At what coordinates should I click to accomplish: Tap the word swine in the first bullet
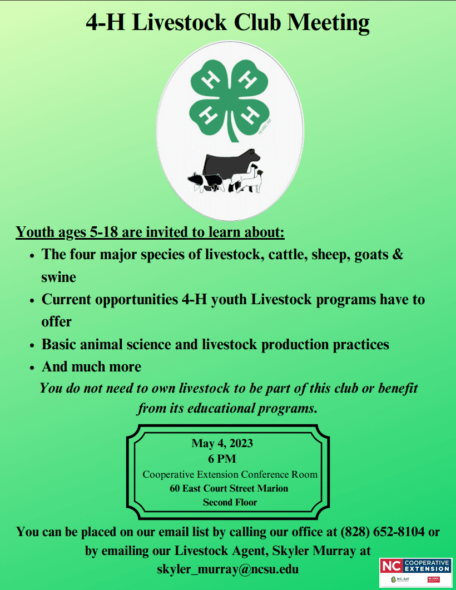coord(58,276)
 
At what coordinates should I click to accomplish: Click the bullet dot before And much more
coord(32,368)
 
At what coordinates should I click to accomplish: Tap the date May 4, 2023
coord(222,443)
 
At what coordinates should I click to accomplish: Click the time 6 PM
coord(222,459)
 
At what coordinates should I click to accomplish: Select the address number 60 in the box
coord(175,489)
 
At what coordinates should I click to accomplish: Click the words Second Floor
coord(230,503)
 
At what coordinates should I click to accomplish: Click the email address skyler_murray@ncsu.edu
coord(228,569)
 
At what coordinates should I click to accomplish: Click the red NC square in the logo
coord(389,566)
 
